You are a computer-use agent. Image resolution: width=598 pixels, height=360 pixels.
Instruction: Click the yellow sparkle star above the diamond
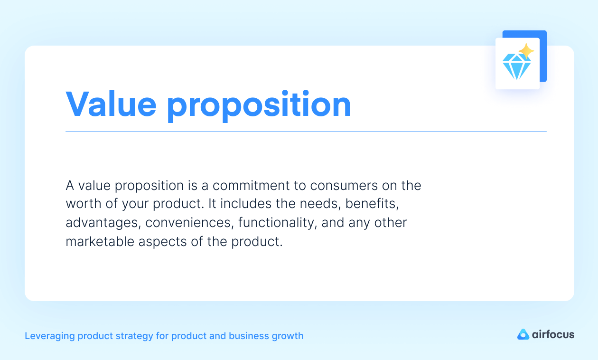point(526,51)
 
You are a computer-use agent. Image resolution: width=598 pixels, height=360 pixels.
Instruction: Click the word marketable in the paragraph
point(100,241)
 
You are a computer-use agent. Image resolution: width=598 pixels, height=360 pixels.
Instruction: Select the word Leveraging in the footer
point(49,336)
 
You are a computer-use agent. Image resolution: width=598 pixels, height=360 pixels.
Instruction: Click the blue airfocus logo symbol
point(523,334)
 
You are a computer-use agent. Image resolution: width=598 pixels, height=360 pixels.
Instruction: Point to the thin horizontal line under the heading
point(306,132)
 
